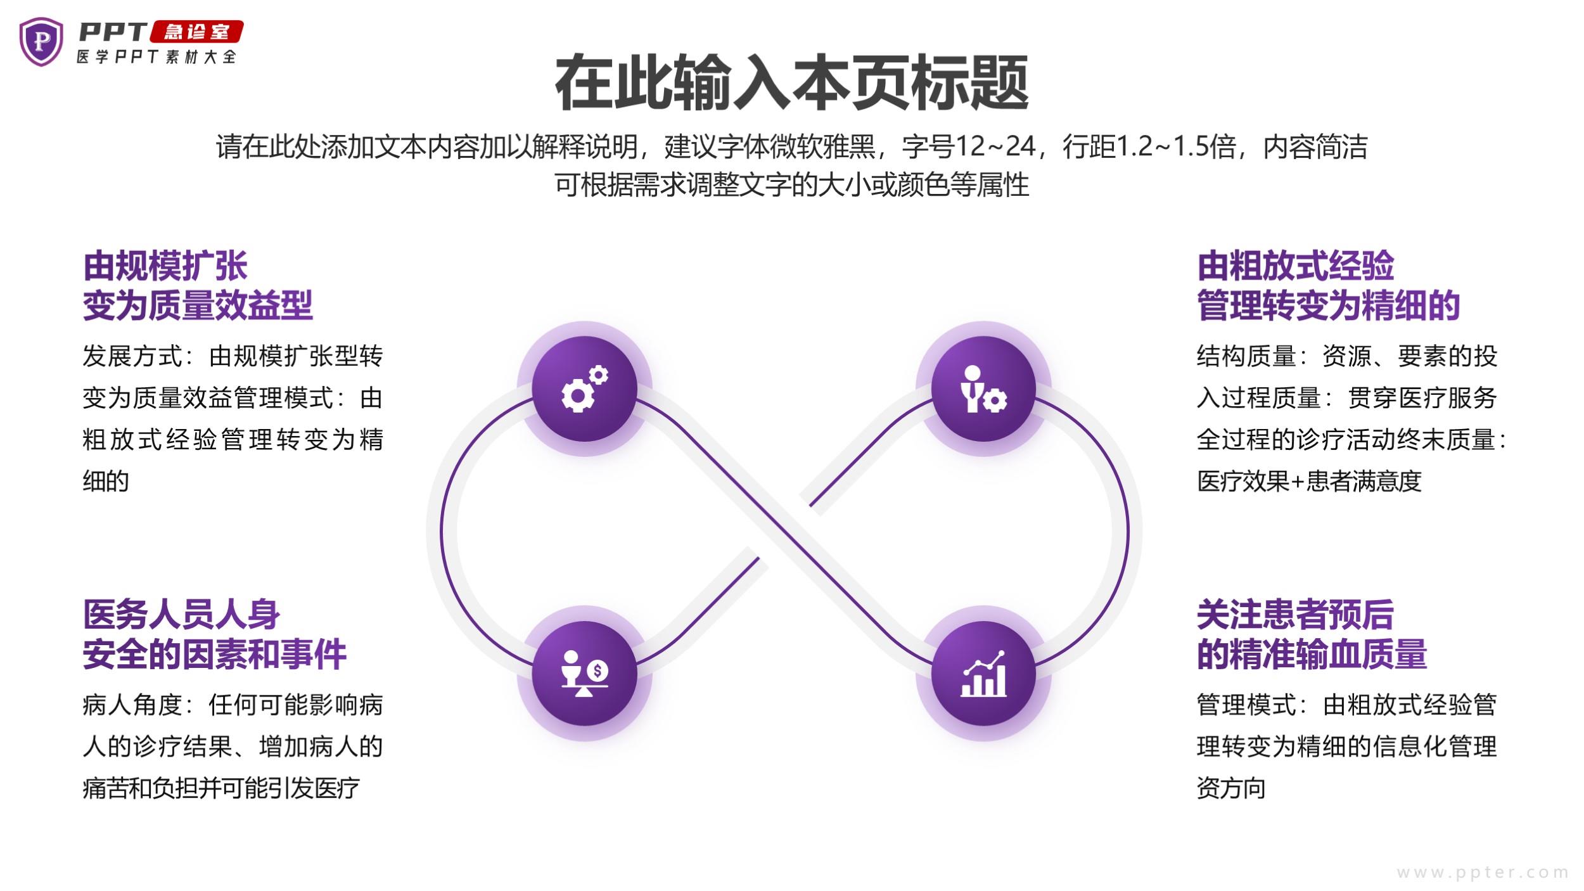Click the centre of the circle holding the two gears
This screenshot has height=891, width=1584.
pyautogui.click(x=584, y=388)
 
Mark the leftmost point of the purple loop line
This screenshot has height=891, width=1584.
pyautogui.click(x=442, y=531)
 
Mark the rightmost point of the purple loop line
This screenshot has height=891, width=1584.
pyautogui.click(x=1128, y=531)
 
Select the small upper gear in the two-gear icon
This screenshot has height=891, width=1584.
pyautogui.click(x=598, y=375)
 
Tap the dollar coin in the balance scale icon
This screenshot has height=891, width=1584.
pyautogui.click(x=597, y=670)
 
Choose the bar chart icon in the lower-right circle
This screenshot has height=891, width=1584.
pyautogui.click(x=983, y=674)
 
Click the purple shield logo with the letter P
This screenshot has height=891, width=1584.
pyautogui.click(x=41, y=41)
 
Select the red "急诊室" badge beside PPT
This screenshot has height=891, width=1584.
pyautogui.click(x=196, y=32)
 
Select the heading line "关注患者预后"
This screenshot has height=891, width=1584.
pyautogui.click(x=1295, y=614)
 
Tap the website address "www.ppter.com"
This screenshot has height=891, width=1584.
pyautogui.click(x=1483, y=873)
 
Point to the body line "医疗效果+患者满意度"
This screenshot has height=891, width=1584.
pyautogui.click(x=1309, y=482)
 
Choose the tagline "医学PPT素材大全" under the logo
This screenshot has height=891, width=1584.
pyautogui.click(x=156, y=57)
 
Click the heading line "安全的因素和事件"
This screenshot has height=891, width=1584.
pyautogui.click(x=214, y=654)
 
